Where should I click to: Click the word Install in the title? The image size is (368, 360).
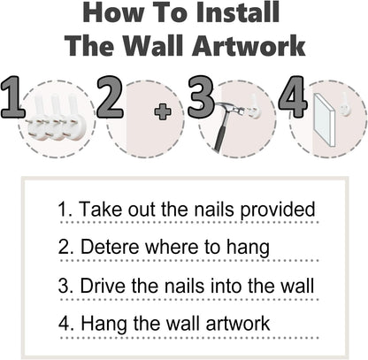pos(238,12)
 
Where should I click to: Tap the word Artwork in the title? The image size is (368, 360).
pos(249,46)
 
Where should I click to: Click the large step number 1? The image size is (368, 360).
pos(12,97)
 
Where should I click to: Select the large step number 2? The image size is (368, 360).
pos(110,97)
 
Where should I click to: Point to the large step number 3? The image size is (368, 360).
pos(201,97)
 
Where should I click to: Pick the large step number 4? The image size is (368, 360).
pos(293,97)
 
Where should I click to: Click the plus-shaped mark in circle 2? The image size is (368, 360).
pos(163,111)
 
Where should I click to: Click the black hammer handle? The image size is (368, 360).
pos(220,134)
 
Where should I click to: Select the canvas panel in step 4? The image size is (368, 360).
pos(325,120)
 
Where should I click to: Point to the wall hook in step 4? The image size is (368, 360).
pos(344,103)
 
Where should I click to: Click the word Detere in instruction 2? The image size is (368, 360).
pos(110,247)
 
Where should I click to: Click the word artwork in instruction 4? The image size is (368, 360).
pos(238,323)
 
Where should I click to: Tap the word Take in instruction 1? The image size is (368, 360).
pos(101,209)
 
